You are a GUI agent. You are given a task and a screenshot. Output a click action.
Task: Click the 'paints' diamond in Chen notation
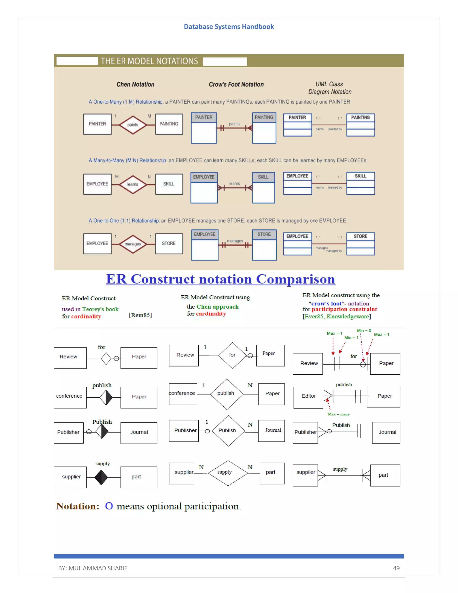coord(133,125)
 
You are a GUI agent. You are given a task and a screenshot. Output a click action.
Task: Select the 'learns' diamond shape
coord(133,184)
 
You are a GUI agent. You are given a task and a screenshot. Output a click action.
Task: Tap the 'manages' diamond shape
coord(133,244)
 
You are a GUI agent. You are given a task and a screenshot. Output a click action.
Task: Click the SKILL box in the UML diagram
coord(360,183)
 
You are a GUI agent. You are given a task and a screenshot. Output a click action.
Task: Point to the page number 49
coord(396,568)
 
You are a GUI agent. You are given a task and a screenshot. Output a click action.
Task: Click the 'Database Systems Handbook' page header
coord(229,27)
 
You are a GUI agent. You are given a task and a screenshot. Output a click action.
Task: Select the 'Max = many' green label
coord(339,414)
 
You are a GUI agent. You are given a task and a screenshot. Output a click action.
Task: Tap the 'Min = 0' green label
coord(364,331)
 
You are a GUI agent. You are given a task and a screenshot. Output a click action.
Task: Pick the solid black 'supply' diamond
coord(101,477)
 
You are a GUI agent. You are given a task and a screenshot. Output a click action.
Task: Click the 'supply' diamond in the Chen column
coord(228,473)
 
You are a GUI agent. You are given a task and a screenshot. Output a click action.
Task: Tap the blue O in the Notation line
coord(109,506)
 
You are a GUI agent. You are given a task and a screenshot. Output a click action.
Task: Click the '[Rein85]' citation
coord(140,315)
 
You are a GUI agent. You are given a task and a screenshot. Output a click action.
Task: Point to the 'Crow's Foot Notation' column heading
coord(236,84)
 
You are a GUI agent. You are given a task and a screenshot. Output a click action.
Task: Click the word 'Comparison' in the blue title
coord(295,279)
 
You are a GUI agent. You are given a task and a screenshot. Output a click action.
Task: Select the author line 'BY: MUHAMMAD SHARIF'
coord(93,568)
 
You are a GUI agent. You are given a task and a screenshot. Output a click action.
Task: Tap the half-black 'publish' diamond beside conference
coord(106,397)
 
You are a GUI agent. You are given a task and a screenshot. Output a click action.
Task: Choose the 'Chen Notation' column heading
coord(135,84)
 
